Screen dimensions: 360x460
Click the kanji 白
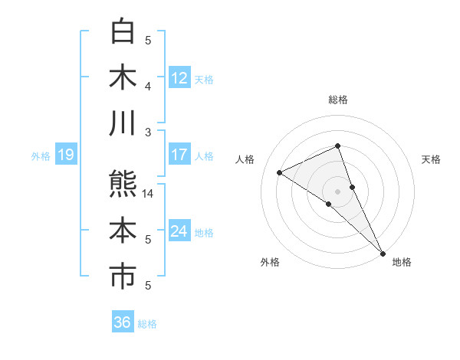pos(123,31)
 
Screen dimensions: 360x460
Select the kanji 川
pos(123,123)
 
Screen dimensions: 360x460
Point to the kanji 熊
pos(123,185)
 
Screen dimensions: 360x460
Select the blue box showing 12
pos(179,77)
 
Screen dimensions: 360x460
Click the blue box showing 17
pos(179,155)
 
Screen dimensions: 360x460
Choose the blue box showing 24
pos(179,231)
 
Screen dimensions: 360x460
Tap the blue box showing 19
pos(65,155)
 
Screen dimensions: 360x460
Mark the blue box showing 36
pos(122,322)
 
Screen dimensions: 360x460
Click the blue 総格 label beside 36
pos(148,324)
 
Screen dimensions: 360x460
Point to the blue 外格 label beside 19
pos(41,156)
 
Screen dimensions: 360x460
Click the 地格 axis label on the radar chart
pos(402,262)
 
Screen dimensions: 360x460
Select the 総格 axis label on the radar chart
pos(338,100)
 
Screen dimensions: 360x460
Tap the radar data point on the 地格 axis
pos(383,252)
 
